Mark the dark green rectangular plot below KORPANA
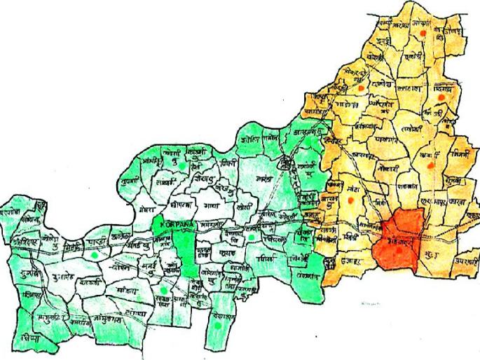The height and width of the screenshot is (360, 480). click(186, 253)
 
